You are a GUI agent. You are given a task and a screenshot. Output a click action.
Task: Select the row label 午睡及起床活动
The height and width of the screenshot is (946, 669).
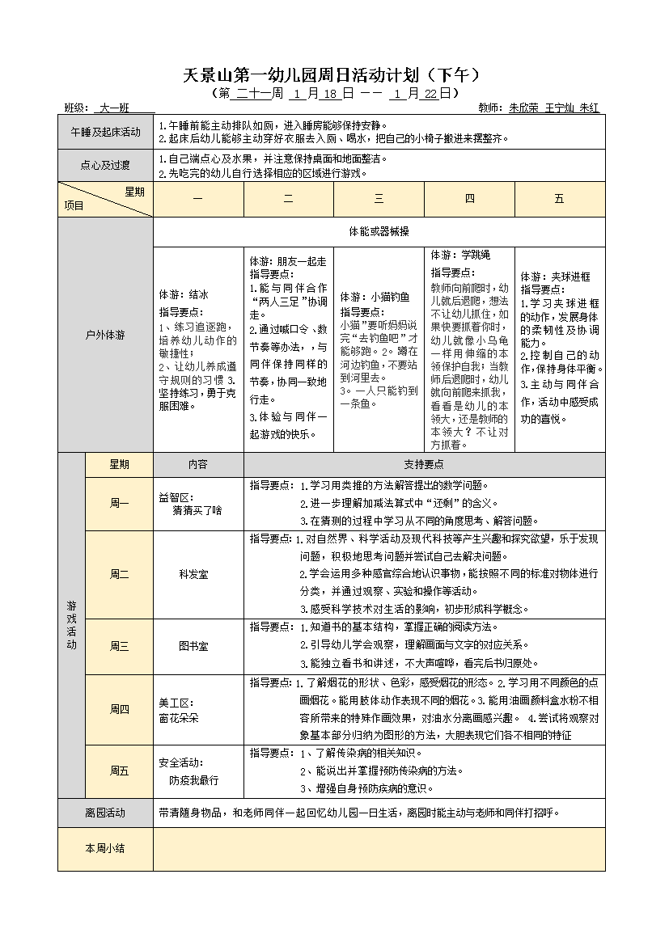tap(105, 133)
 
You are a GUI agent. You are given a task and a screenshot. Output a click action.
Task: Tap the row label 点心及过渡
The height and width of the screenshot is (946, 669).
tap(105, 166)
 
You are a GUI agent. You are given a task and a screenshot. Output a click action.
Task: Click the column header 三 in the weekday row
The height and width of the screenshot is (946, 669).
tap(379, 199)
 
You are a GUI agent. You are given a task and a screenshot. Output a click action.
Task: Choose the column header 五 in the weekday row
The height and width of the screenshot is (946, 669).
tap(559, 199)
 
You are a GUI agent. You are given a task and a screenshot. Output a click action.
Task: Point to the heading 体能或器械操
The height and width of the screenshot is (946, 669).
tap(379, 231)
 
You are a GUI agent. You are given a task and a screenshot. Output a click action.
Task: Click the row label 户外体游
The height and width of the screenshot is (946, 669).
tap(105, 334)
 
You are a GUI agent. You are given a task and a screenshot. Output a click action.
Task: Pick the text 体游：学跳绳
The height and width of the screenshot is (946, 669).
tap(460, 255)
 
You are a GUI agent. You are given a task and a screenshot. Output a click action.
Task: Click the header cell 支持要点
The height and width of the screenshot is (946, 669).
tap(424, 464)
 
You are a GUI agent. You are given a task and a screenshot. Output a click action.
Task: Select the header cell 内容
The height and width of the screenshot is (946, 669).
tap(197, 464)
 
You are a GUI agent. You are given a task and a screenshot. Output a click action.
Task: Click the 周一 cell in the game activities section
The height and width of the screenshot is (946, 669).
tap(119, 503)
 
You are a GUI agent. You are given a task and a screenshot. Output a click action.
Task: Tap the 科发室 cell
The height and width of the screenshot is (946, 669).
tap(193, 574)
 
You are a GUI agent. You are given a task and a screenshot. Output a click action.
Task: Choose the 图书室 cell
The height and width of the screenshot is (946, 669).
tap(193, 646)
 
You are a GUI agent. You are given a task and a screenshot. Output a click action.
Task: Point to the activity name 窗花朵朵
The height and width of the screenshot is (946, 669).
tap(179, 717)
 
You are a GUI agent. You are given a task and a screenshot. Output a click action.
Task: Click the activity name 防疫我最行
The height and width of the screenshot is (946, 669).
tap(193, 781)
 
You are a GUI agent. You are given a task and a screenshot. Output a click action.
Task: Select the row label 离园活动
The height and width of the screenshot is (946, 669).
tap(105, 813)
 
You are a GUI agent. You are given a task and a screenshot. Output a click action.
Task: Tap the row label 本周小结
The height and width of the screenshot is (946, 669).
tap(105, 848)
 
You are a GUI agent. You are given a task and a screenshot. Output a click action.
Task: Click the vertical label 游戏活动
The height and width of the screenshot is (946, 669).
tap(71, 625)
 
